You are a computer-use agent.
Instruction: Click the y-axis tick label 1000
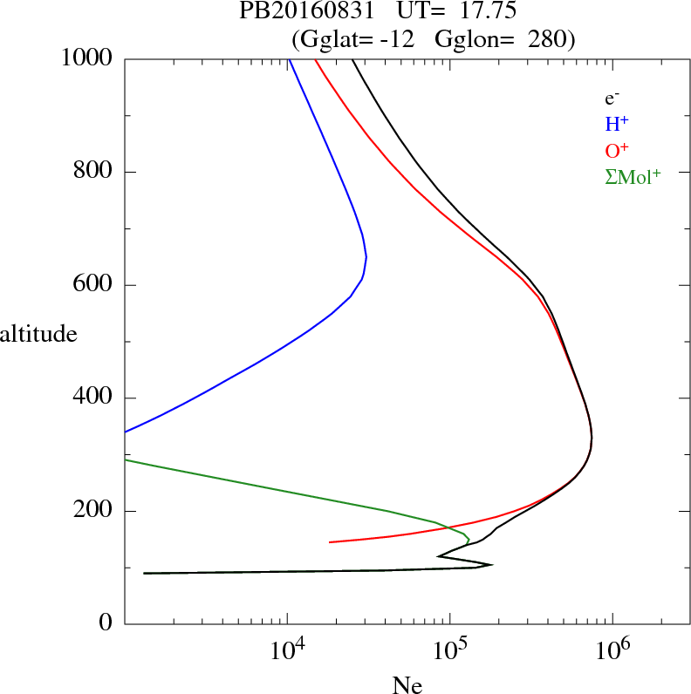(x=87, y=58)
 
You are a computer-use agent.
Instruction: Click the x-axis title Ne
(x=407, y=684)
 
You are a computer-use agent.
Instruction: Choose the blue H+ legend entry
(x=617, y=125)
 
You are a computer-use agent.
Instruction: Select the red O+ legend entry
(x=618, y=150)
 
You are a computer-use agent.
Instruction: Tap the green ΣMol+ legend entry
(x=633, y=176)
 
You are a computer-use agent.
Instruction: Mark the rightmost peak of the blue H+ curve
(x=366, y=257)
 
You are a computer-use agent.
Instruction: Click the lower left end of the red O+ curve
(x=330, y=542)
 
